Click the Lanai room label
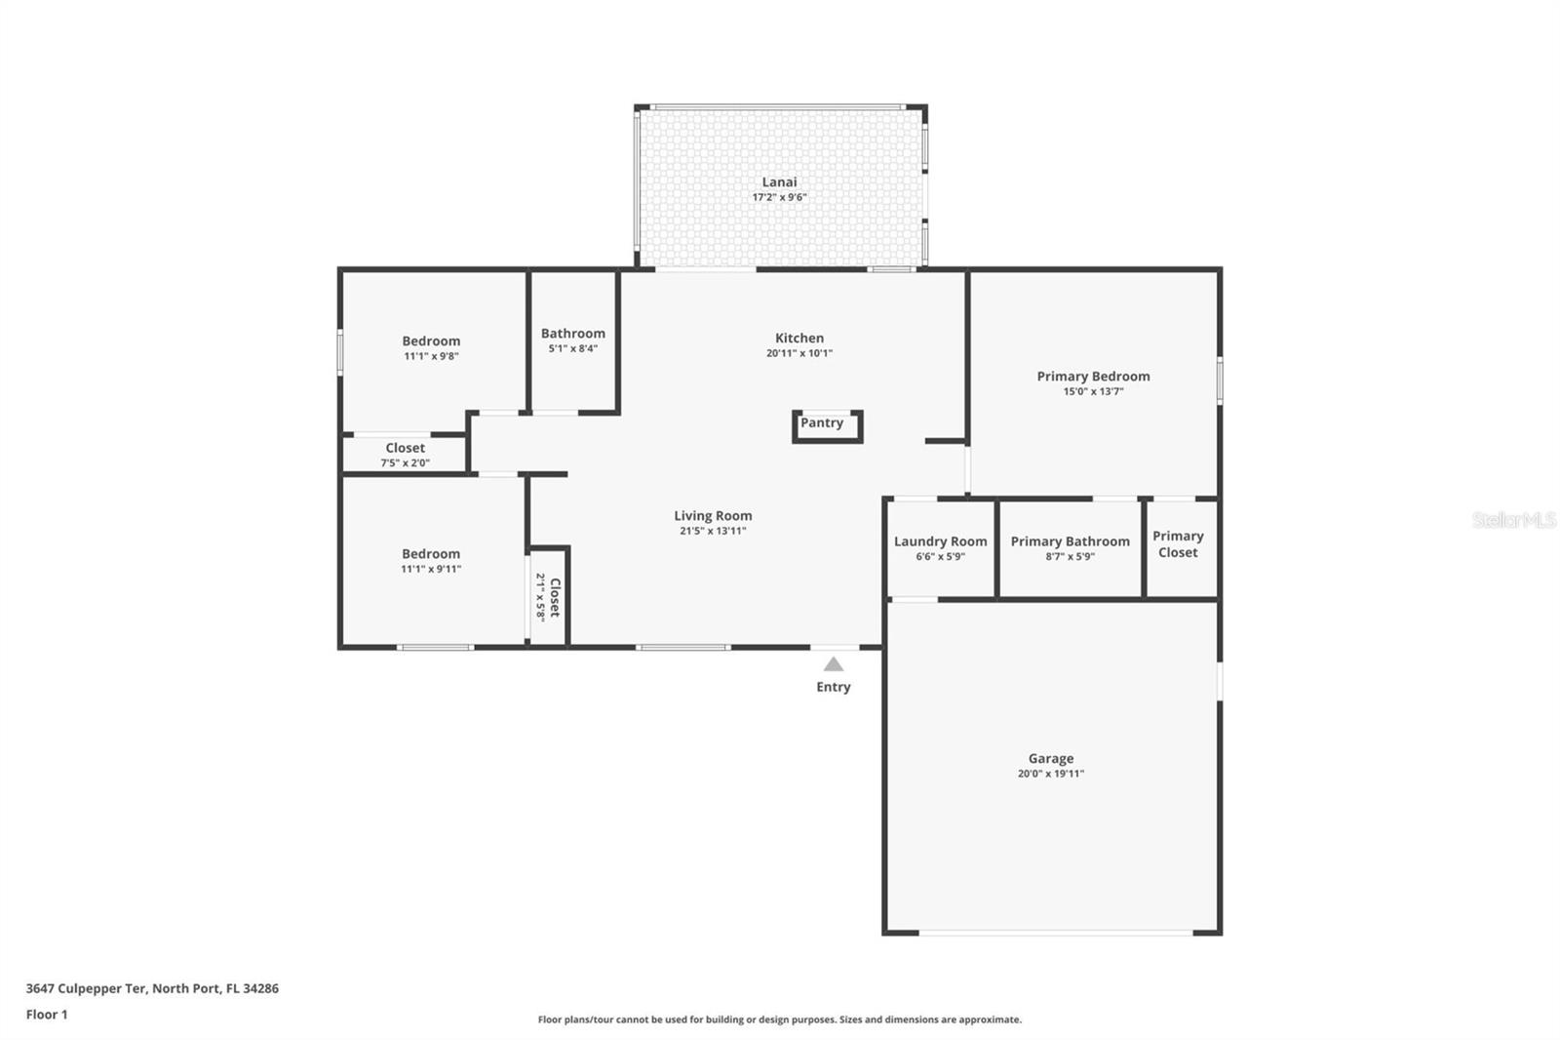779,182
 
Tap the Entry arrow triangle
833,664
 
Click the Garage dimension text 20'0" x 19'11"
1050,774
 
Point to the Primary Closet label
1178,543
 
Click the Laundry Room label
940,541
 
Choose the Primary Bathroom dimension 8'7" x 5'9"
1070,557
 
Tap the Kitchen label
799,339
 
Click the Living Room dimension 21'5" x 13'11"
713,532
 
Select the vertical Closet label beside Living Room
555,597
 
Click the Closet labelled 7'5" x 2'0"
405,455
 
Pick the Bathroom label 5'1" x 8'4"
572,340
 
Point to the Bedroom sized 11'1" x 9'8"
431,347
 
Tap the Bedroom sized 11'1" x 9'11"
431,560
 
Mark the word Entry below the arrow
833,687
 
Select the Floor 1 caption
47,1015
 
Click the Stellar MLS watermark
1513,520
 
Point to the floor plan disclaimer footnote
779,1020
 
